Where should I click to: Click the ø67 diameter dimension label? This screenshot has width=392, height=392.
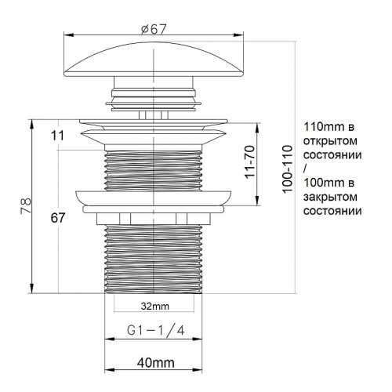154,29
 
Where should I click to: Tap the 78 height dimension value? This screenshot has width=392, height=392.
26,206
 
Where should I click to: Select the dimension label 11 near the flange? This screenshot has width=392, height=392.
57,136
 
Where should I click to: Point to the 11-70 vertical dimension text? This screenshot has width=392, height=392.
250,162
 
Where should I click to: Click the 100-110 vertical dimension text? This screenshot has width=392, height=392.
288,169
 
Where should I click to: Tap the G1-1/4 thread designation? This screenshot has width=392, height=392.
156,331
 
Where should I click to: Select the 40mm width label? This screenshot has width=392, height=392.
155,363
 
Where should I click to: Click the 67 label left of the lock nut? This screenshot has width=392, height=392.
58,218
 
